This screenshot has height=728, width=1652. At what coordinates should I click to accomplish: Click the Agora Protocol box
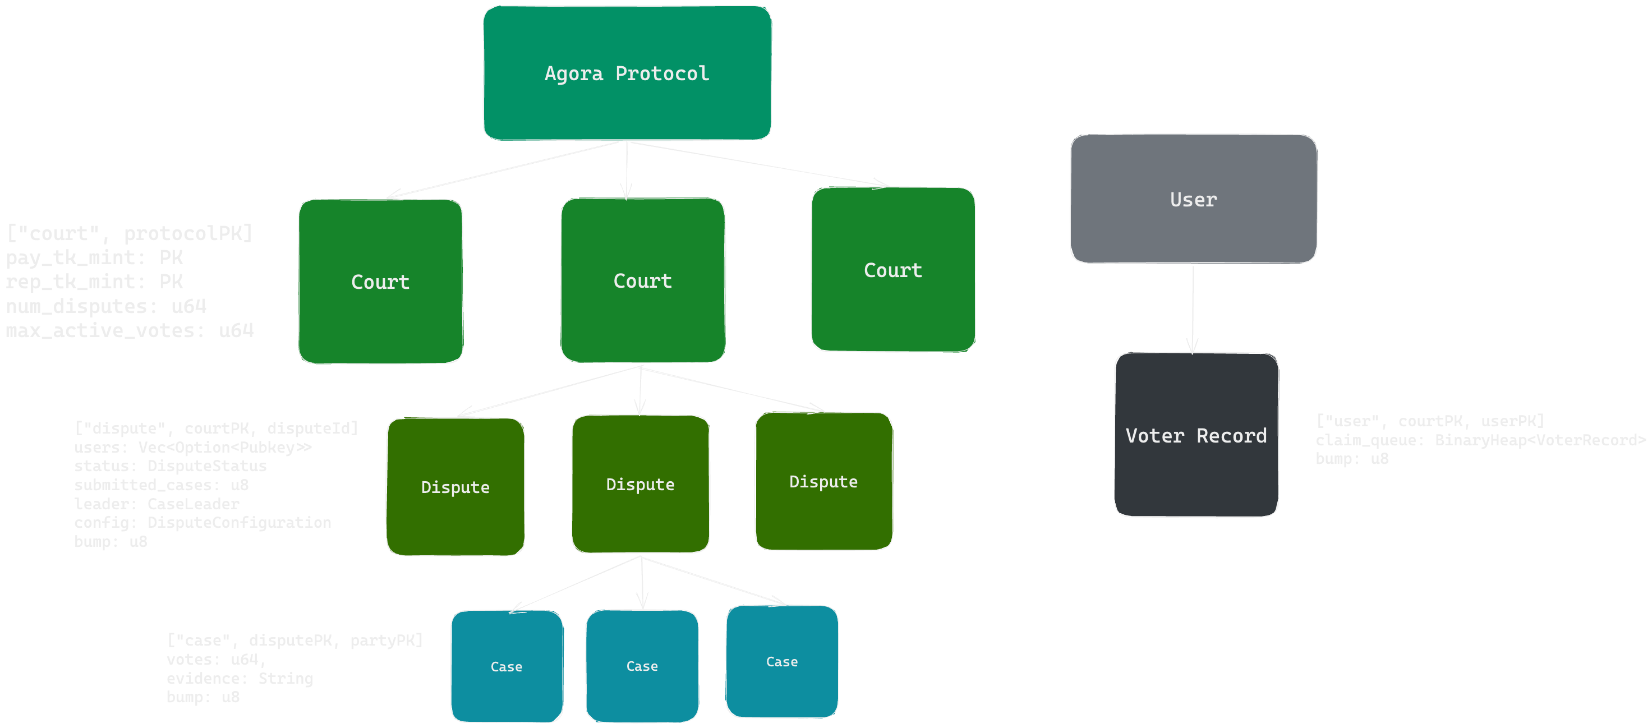(627, 73)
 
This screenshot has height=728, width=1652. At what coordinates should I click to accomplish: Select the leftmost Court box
(380, 282)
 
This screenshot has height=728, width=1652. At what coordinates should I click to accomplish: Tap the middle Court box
(643, 280)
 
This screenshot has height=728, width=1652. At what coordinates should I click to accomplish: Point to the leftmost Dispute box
(455, 487)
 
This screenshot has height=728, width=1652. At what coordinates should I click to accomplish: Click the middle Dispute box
(640, 484)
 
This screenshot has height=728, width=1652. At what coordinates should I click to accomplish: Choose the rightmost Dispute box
(823, 482)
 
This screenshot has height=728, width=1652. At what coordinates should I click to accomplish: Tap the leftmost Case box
(506, 666)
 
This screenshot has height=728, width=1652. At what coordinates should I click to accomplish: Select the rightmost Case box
(782, 661)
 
